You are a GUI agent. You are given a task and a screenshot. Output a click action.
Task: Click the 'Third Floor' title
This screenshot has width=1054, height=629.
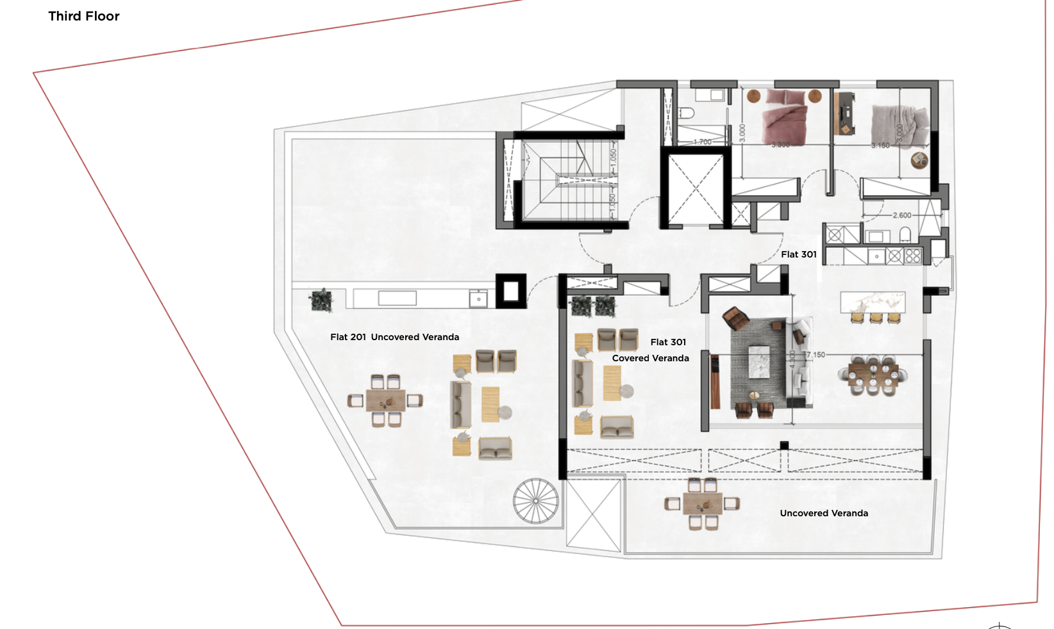pos(84,16)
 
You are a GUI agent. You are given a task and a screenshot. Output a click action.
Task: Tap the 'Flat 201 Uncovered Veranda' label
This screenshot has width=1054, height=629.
pos(394,337)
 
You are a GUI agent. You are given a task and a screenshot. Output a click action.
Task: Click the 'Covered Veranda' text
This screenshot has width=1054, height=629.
pos(650,358)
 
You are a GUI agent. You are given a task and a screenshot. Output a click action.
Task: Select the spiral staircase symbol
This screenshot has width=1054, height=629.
pos(536,500)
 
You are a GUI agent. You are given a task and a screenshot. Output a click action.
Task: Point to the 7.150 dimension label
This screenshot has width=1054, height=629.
pos(816,355)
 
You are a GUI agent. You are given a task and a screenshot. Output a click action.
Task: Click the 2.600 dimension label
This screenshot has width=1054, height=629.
pos(901,215)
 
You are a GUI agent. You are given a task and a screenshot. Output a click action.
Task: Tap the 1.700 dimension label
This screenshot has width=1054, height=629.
pos(702,142)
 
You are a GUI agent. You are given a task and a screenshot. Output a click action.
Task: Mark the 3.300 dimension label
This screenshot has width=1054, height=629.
pos(780,145)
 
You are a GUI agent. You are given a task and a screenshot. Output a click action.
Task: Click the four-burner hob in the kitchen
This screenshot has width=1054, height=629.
pos(912,256)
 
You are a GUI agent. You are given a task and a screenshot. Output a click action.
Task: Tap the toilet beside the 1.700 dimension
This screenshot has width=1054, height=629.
pos(686,113)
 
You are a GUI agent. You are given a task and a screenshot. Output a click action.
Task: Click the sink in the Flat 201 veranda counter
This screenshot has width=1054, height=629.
pos(478,299)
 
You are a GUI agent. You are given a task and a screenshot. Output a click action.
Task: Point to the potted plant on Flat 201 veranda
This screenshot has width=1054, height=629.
pos(321,300)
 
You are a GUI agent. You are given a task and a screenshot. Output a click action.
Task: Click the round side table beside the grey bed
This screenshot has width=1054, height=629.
pos(919,160)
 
